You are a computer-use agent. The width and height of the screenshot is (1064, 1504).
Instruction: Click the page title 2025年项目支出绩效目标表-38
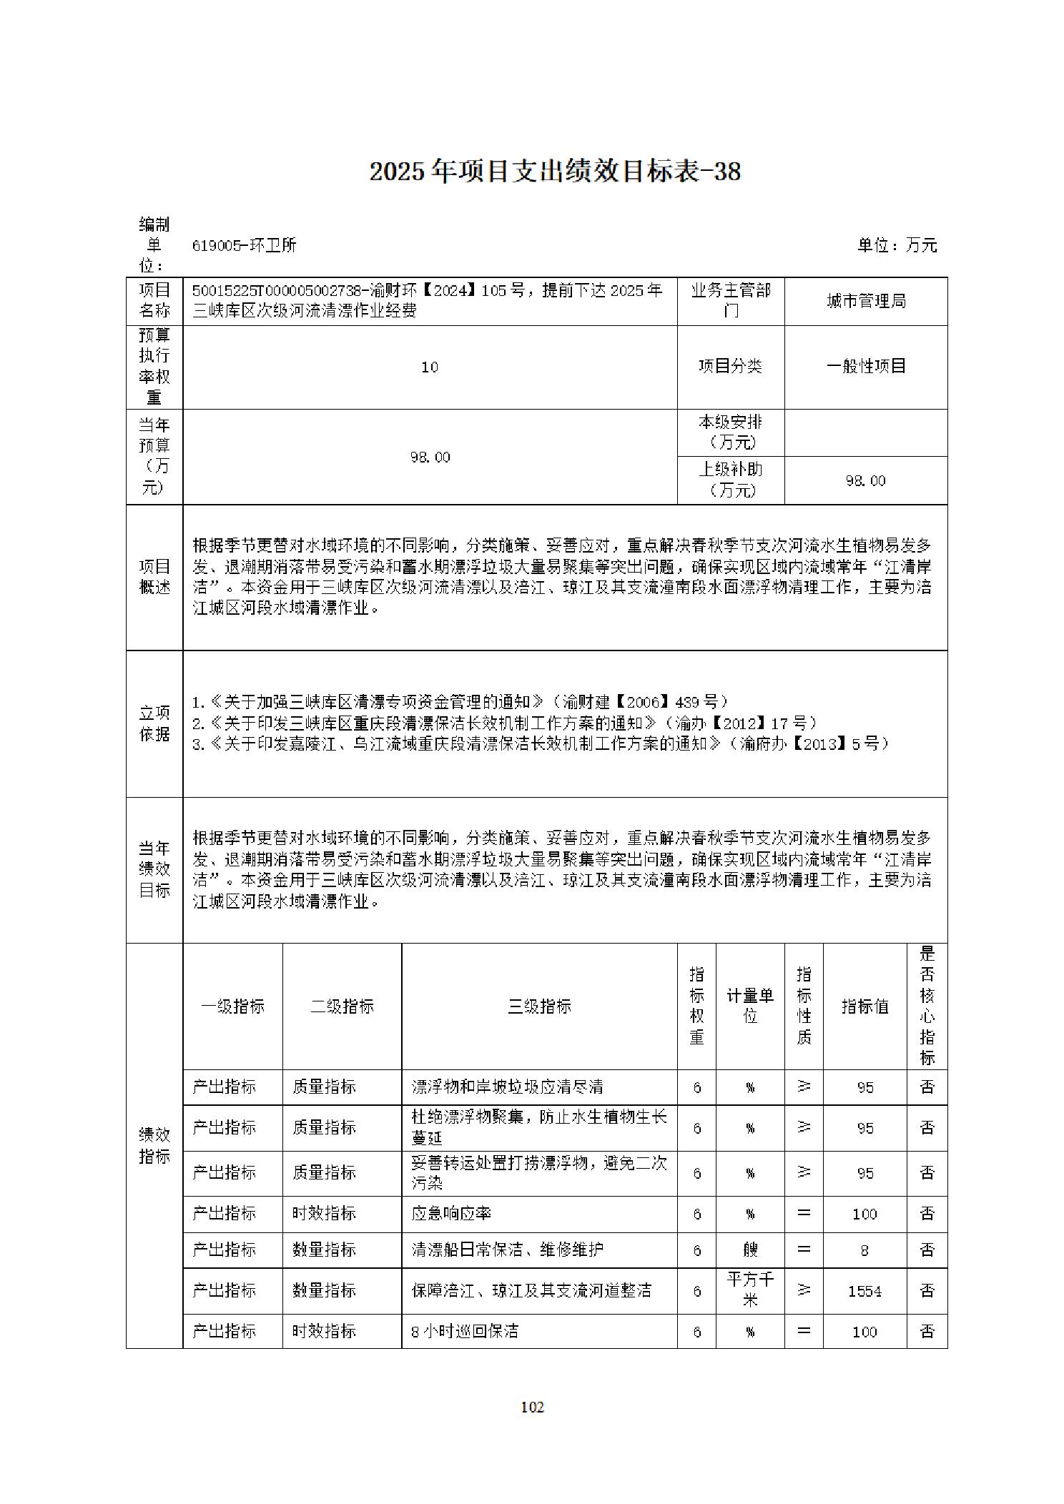554,172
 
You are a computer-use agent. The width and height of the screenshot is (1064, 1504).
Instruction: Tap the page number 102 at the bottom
532,1407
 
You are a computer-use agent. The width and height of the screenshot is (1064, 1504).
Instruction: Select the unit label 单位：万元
897,245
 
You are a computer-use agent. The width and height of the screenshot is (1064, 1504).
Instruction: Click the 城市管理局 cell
866,302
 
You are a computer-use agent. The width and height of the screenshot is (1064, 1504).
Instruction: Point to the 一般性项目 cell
866,367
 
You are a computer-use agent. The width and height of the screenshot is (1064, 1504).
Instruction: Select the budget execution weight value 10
430,367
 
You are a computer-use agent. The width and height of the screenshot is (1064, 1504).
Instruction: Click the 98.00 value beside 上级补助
865,481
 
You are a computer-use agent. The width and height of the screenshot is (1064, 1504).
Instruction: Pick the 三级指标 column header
539,1006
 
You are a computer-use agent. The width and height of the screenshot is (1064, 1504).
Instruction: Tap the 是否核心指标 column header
927,1006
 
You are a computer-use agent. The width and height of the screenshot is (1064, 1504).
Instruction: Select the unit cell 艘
749,1250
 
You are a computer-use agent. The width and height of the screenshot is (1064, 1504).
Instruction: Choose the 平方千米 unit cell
749,1290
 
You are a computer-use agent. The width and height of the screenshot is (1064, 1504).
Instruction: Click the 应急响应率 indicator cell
451,1214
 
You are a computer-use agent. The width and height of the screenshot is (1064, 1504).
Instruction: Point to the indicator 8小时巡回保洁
465,1331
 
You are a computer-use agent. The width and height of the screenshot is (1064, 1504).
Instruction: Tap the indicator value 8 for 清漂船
864,1250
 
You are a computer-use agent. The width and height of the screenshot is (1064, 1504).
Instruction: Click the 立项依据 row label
154,723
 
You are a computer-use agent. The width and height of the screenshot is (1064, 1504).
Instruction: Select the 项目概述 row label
154,577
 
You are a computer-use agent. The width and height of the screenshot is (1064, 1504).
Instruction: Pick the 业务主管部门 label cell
731,301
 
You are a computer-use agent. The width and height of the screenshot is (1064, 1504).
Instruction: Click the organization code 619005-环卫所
245,246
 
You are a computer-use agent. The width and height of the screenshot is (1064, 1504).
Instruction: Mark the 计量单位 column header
749,1006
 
